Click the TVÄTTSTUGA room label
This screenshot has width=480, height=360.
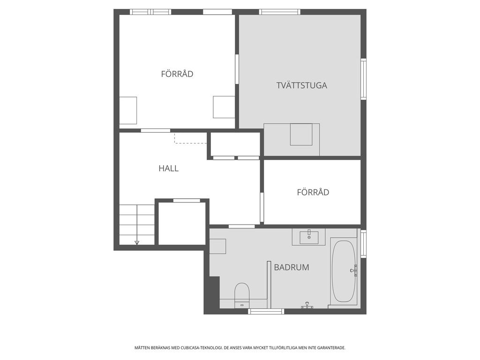point(301,85)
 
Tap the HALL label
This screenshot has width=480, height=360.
point(168,168)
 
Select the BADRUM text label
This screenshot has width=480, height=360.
point(292,267)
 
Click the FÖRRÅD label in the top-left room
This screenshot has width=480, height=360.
point(177,74)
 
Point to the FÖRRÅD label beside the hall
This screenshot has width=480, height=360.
point(313,192)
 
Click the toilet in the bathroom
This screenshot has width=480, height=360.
point(242,295)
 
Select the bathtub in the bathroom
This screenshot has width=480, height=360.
point(344,271)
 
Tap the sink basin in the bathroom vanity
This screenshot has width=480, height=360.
point(309,238)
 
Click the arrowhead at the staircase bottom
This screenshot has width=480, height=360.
point(137,243)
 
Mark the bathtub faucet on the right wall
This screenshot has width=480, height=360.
point(354,270)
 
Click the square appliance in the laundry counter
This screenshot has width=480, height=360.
point(301,135)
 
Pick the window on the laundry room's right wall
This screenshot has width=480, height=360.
point(363,79)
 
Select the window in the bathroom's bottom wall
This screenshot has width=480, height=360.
point(266,312)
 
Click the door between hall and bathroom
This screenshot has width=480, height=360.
point(241,226)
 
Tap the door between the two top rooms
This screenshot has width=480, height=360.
point(237,69)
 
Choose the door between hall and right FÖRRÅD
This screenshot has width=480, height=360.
point(262,207)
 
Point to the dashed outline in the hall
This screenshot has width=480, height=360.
point(190,143)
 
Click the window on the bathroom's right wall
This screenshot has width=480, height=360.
point(363,244)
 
